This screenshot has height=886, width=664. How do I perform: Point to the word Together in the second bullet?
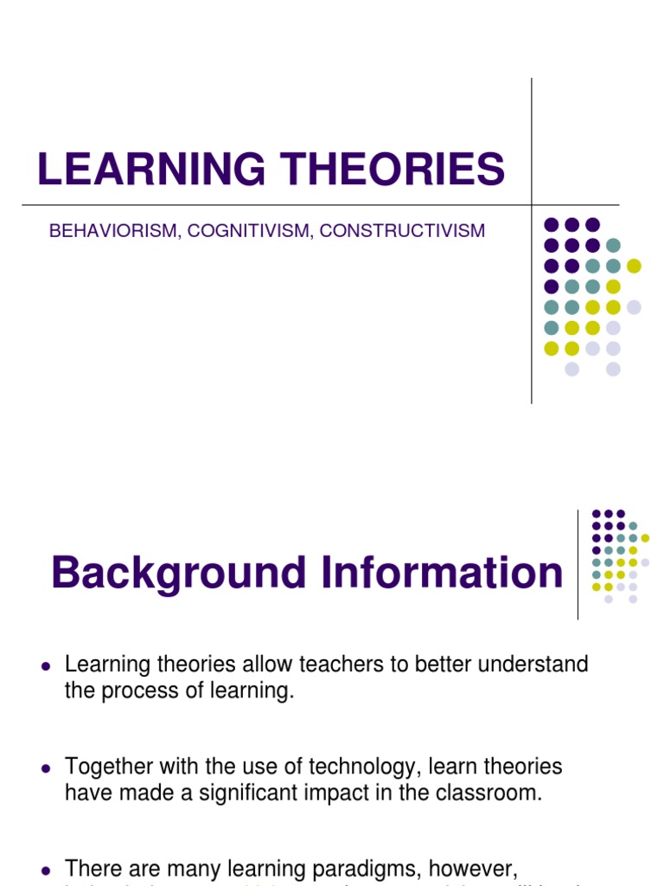click(x=111, y=767)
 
